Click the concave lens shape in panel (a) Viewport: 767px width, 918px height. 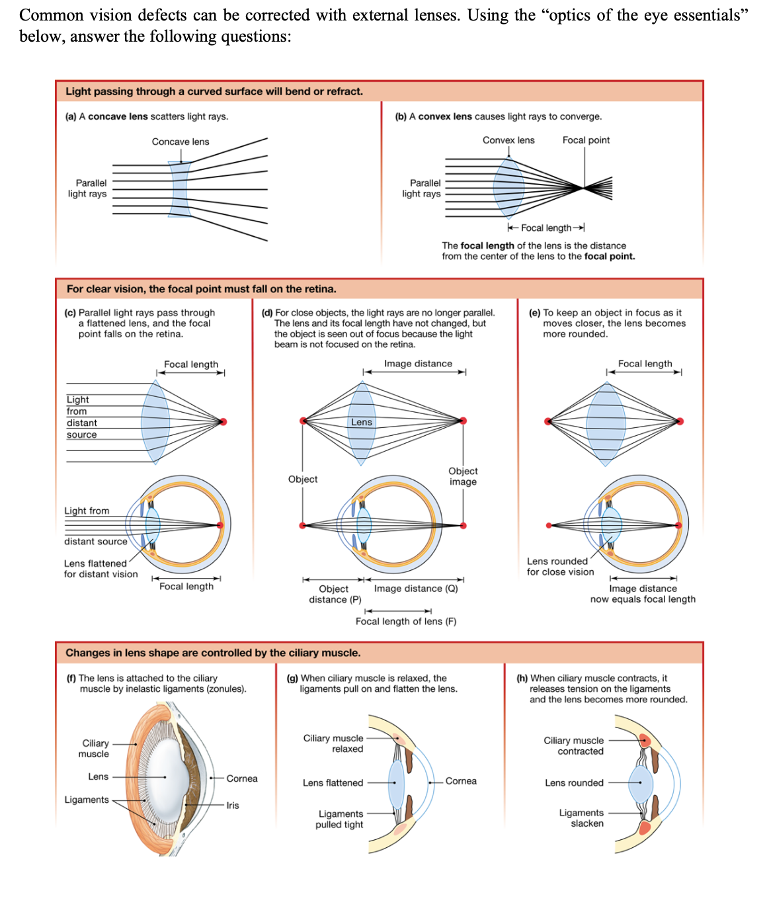[179, 189]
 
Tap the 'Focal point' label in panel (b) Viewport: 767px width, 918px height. [586, 140]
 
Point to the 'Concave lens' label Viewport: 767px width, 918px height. [180, 142]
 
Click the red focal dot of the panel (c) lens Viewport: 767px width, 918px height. [223, 421]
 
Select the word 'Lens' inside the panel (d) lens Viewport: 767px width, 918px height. [362, 422]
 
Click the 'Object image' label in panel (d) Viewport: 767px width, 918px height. [463, 476]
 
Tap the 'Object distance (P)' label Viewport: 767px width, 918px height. [335, 594]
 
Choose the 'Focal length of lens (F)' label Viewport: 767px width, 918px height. [405, 621]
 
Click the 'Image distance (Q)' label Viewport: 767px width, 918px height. [416, 589]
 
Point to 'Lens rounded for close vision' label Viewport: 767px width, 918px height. [559, 566]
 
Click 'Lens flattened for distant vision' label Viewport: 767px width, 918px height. [101, 569]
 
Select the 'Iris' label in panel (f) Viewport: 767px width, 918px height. [233, 805]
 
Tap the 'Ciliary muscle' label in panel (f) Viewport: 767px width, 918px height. [95, 748]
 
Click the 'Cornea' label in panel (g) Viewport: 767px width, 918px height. [461, 781]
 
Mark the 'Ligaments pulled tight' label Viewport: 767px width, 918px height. [340, 819]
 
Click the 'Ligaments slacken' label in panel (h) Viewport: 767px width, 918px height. [582, 817]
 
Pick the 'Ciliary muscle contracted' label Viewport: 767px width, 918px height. [574, 745]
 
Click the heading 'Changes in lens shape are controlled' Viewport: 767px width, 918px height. [213, 653]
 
